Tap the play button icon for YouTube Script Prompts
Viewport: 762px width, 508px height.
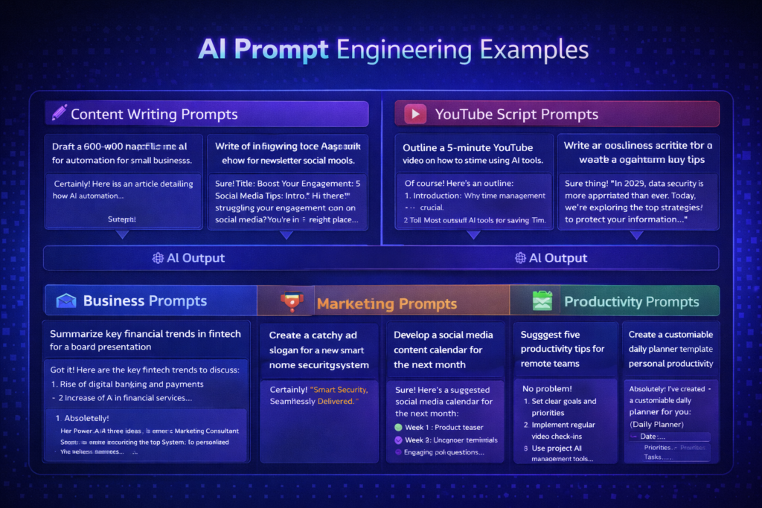click(414, 114)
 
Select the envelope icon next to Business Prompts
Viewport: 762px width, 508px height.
click(66, 301)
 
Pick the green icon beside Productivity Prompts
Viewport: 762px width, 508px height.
click(542, 300)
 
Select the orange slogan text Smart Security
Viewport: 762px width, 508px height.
click(339, 389)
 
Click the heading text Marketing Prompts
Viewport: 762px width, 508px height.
click(386, 303)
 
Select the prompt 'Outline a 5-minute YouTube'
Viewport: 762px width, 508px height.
click(467, 147)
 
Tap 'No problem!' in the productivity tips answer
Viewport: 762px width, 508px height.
click(547, 388)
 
